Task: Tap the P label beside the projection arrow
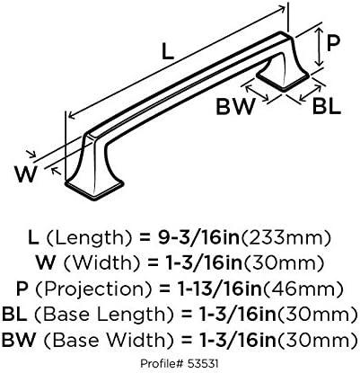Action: click(333, 44)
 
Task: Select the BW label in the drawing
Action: click(236, 107)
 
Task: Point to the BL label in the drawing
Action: click(327, 107)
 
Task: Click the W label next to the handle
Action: click(26, 174)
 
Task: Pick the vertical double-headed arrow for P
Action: click(320, 47)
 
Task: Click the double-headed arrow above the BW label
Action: click(257, 93)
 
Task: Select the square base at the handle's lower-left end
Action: click(94, 188)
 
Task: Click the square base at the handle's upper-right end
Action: click(283, 78)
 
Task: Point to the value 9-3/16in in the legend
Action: click(199, 238)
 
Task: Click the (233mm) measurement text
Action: click(286, 238)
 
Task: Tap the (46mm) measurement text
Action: click(303, 289)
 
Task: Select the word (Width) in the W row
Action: click(101, 263)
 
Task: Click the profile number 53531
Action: click(203, 364)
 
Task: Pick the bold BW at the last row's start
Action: click(18, 341)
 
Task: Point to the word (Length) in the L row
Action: click(90, 238)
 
